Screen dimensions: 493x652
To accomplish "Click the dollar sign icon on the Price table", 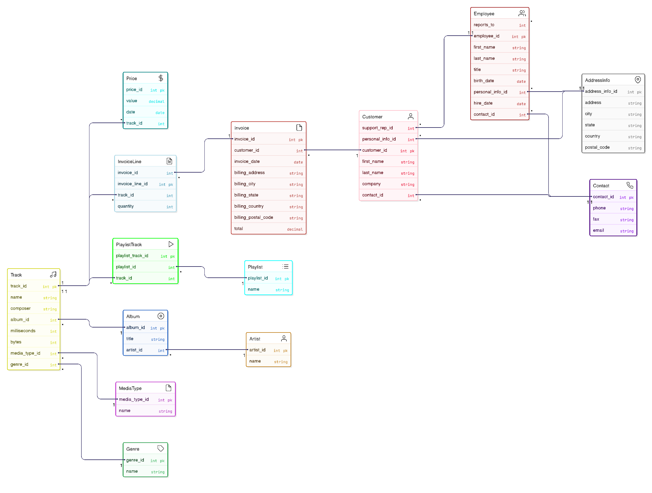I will tap(161, 78).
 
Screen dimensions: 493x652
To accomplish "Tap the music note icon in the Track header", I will tap(53, 274).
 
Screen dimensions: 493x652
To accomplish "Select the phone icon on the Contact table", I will tap(630, 186).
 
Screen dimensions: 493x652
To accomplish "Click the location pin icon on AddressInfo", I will tap(638, 80).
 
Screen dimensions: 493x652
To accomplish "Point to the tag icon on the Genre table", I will tap(161, 449).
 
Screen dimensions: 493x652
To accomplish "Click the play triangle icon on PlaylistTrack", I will tap(171, 244).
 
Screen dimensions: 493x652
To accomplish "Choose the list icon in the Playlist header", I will tap(285, 267).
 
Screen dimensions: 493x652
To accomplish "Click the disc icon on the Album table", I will tap(161, 316).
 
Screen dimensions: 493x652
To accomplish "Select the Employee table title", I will tap(484, 14).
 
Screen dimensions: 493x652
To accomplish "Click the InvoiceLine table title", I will tap(129, 162).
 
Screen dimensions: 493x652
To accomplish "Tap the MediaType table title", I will tap(130, 388).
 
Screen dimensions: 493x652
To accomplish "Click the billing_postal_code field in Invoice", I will tap(254, 218).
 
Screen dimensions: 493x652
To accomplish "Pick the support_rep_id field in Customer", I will tap(377, 128).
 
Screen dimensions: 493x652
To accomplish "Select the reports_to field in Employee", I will tap(484, 25).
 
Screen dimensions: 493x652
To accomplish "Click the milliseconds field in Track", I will tap(23, 331).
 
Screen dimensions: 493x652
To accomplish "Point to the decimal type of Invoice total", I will tap(295, 229).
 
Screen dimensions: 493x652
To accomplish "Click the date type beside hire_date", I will tap(521, 104).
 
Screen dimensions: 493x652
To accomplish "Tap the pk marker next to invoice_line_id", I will tap(171, 185).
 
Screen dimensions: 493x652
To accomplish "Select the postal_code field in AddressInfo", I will tap(597, 148).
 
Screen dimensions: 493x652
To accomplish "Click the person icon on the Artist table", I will tap(284, 339).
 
